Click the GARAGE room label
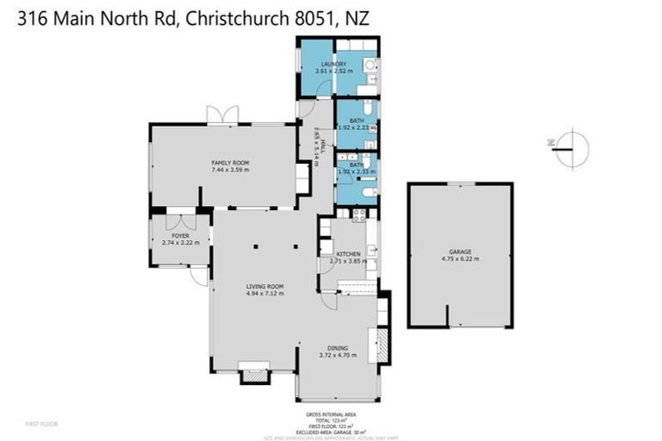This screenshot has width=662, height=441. [459, 251]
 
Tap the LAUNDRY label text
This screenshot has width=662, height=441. [333, 65]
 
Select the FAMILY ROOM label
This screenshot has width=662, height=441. [230, 162]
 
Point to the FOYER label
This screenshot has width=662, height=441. [180, 235]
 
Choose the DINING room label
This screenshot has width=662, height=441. [337, 346]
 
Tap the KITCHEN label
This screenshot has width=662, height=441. [347, 253]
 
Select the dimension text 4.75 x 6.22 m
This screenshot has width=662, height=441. [459, 258]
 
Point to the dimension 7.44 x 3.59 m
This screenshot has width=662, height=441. [230, 170]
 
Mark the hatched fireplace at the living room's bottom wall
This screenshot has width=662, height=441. [255, 374]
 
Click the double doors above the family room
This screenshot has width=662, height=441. [222, 115]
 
